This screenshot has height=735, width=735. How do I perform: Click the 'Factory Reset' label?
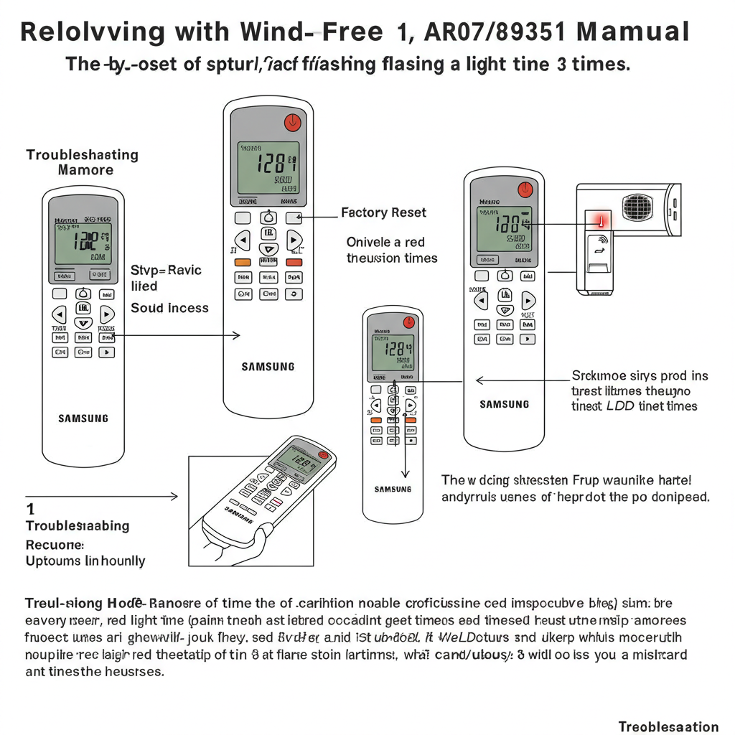[x=383, y=212]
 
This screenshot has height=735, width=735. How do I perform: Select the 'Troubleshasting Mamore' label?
[x=83, y=162]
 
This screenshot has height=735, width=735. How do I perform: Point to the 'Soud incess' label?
[x=169, y=308]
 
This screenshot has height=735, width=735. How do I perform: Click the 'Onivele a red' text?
[x=385, y=242]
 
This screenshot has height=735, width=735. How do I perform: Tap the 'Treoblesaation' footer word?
[x=668, y=726]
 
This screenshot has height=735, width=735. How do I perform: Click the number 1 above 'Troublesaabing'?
[x=30, y=509]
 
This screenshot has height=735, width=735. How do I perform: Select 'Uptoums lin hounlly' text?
[x=85, y=561]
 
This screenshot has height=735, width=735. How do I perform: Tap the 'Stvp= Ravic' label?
[x=166, y=271]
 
